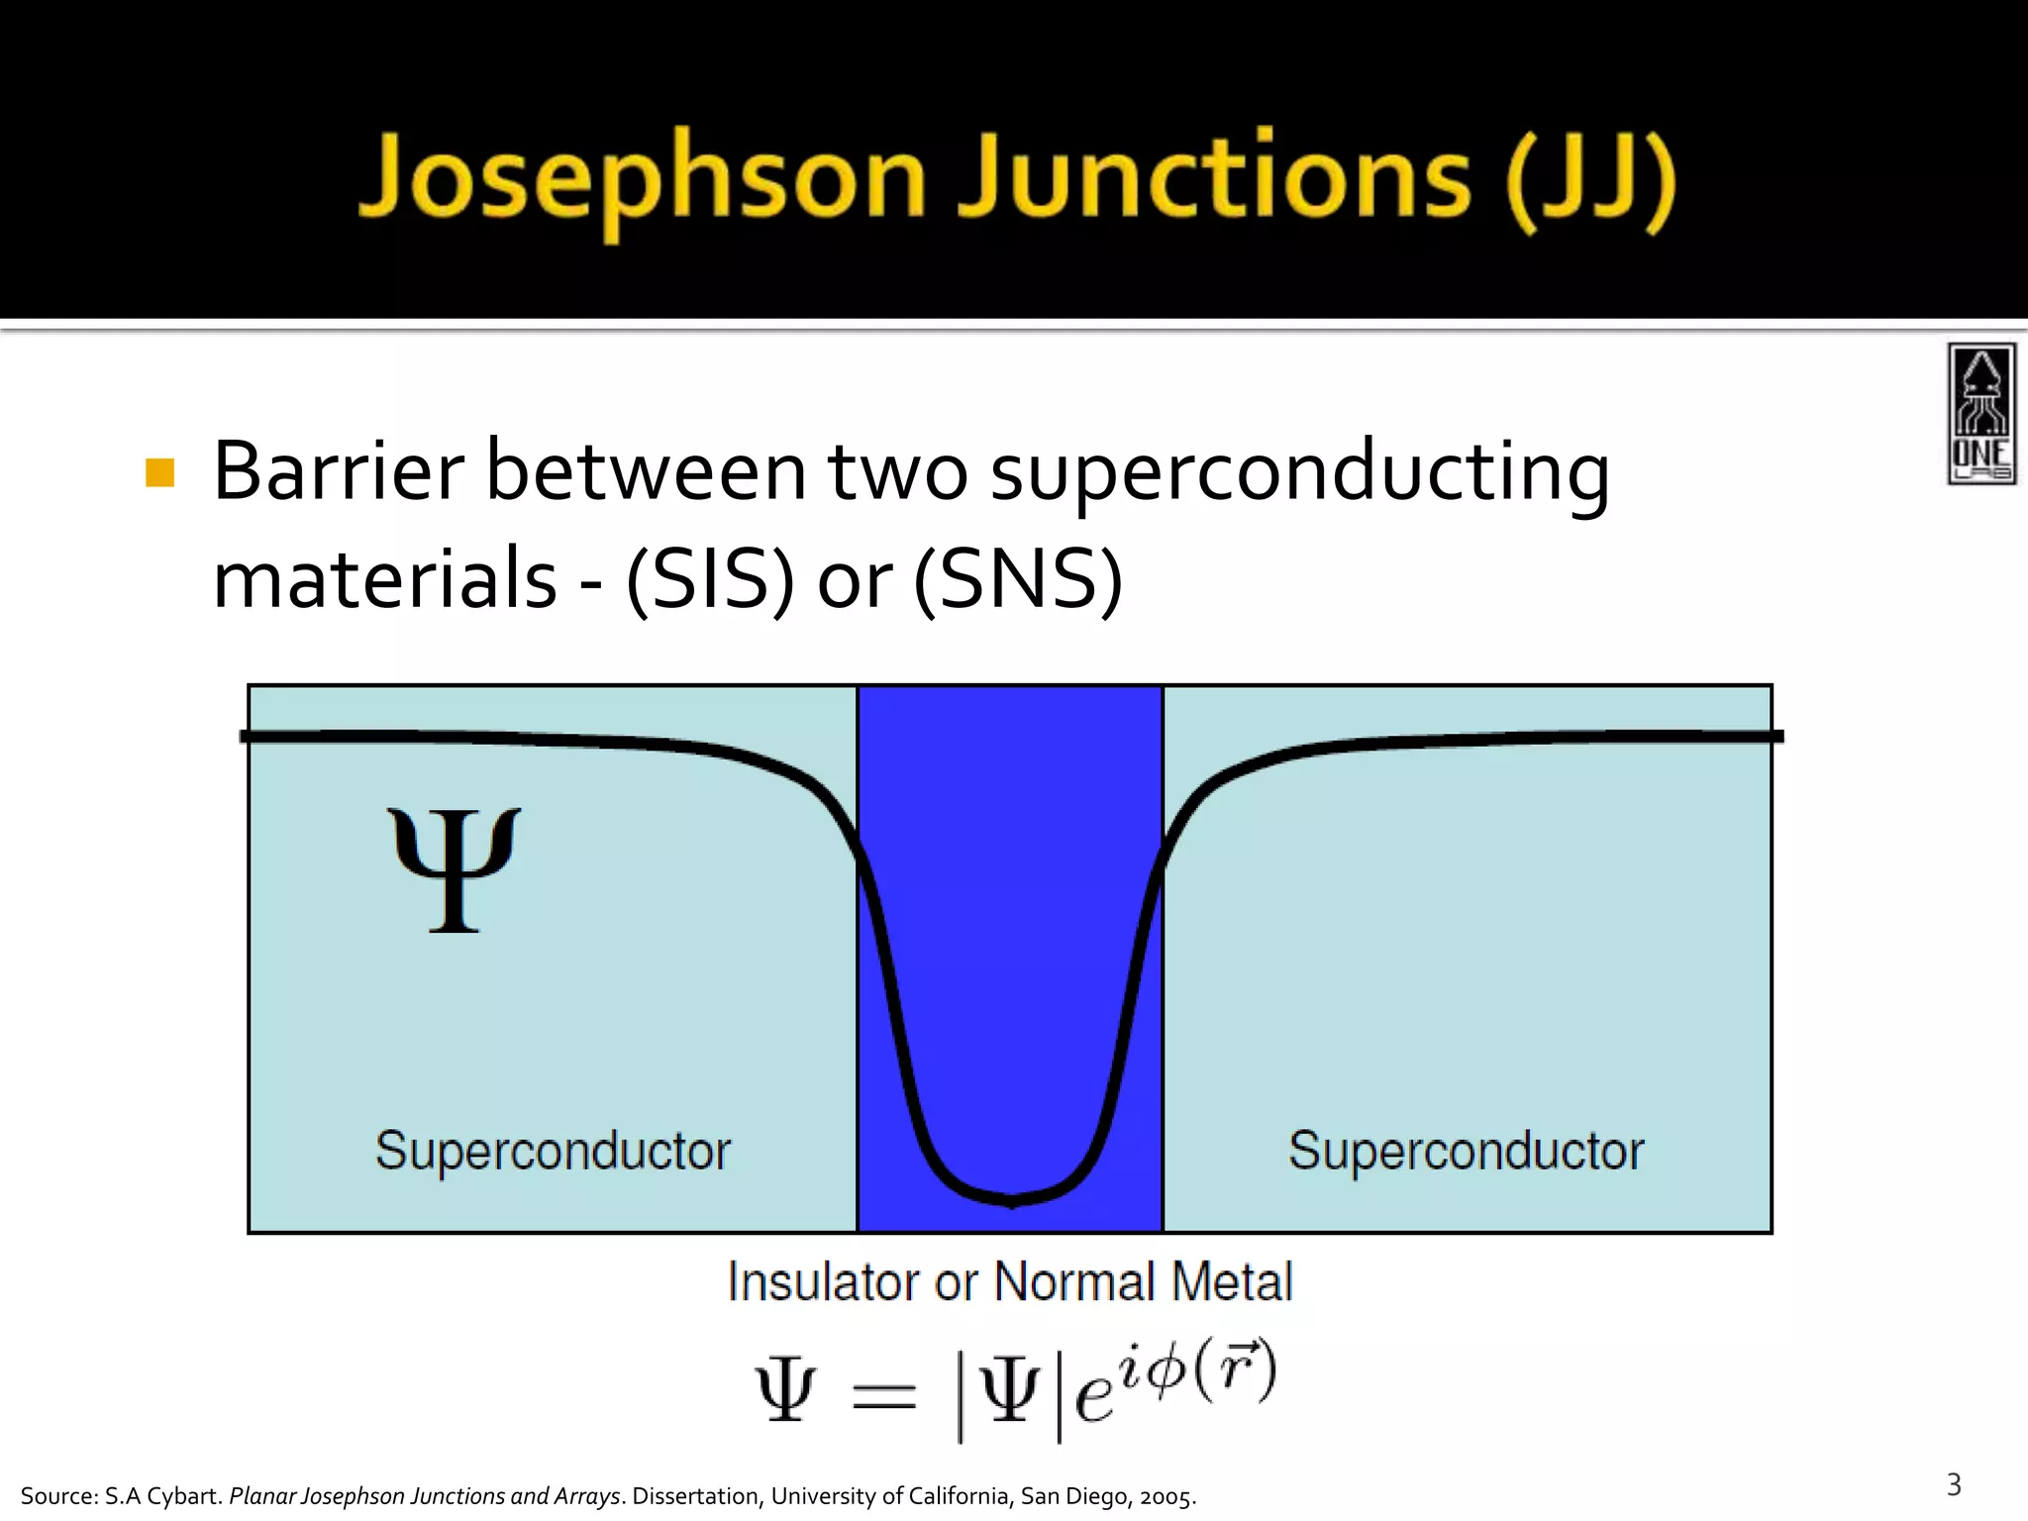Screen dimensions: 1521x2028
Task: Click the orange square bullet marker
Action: (159, 472)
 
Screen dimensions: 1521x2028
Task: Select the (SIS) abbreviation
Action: (710, 578)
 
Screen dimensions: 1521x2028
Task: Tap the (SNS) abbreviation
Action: (1017, 578)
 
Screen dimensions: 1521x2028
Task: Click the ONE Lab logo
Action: (1981, 413)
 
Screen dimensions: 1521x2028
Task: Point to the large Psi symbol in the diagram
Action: (454, 869)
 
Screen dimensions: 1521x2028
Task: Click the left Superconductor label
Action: (553, 1151)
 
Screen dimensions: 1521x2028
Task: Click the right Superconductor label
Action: (1466, 1151)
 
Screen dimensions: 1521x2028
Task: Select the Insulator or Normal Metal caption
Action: (1009, 1281)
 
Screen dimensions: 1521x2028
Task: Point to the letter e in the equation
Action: (1093, 1397)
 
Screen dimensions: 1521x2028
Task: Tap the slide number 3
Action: (1954, 1484)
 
